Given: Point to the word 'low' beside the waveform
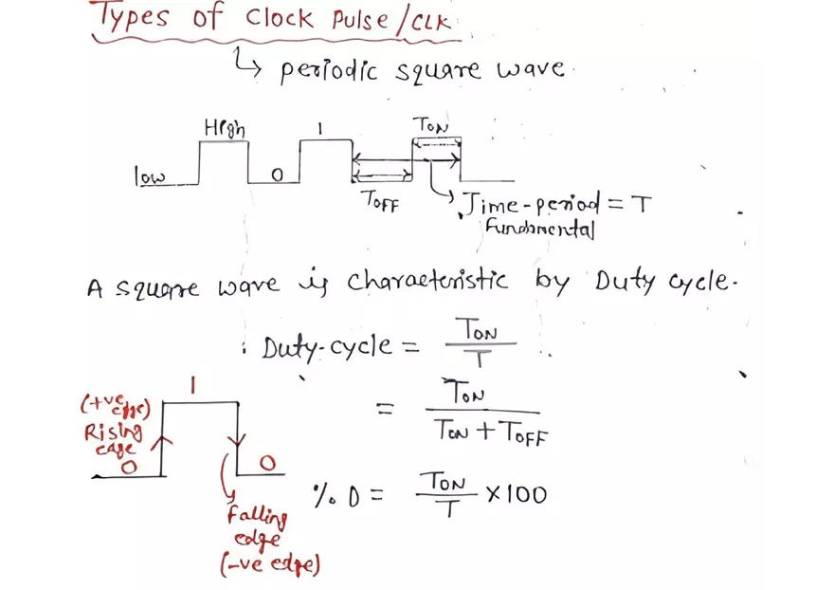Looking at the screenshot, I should coord(149,175).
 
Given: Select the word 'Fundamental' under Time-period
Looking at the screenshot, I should coord(538,229).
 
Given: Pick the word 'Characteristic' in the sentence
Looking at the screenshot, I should coord(426,283).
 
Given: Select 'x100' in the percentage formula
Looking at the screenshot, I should coord(516,493).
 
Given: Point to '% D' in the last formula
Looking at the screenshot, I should coord(342,494).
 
